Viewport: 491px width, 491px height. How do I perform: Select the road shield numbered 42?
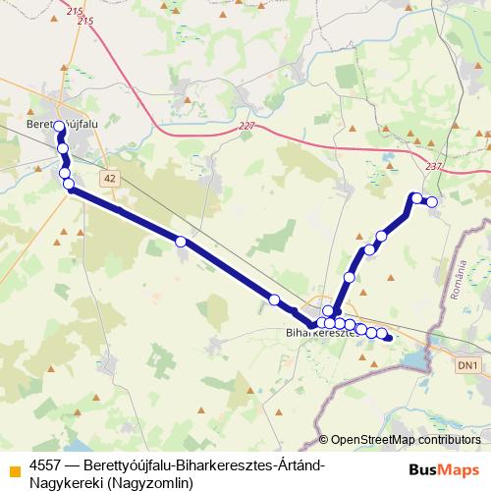coord(108,177)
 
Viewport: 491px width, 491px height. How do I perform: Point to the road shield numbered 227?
coord(245,126)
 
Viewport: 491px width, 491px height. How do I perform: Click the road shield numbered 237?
coord(433,166)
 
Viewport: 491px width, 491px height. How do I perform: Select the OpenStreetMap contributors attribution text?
coord(408,439)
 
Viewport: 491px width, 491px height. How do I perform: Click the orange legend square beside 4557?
coord(14,466)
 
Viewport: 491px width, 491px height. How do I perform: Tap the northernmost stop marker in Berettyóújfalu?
coord(60,126)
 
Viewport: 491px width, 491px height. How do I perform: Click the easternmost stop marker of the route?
coord(431,201)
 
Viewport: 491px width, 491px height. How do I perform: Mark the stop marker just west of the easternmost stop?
coord(416,198)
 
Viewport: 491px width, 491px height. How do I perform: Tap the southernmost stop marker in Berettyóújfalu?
coord(70,186)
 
